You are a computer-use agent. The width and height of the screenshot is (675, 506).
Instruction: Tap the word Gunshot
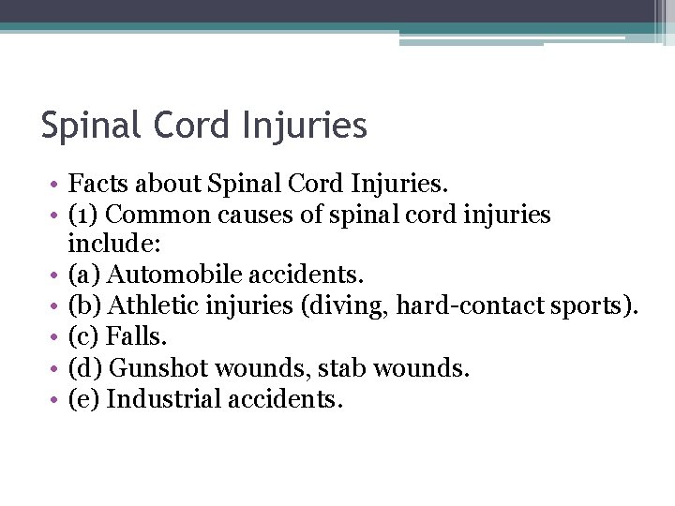pos(154,366)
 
